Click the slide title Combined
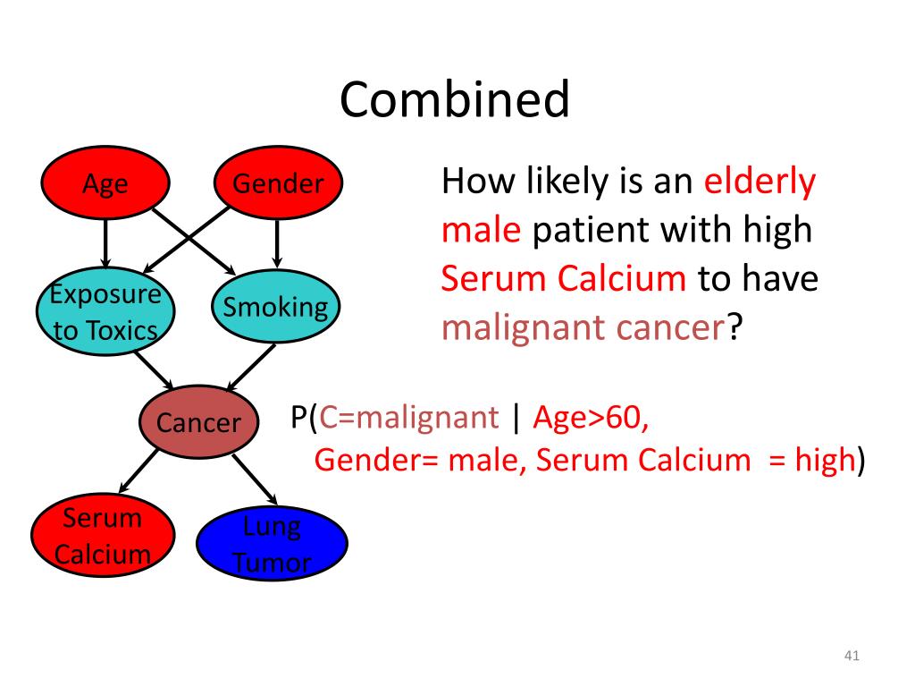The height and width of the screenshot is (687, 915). (454, 99)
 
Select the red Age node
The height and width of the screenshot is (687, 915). (105, 184)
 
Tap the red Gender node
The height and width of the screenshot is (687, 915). (278, 184)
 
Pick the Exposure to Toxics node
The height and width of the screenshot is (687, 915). (105, 312)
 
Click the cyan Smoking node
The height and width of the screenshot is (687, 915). (275, 308)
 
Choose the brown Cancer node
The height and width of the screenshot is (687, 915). (198, 421)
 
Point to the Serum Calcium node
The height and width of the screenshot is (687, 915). (103, 536)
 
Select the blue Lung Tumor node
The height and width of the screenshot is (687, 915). (272, 543)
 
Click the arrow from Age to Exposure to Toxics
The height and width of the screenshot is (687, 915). (106, 244)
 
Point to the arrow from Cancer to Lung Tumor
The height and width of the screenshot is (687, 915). (254, 480)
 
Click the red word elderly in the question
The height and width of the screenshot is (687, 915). (760, 182)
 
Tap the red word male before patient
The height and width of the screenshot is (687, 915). (481, 230)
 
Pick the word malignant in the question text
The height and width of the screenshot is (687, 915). (525, 328)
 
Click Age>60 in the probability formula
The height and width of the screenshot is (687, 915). (591, 417)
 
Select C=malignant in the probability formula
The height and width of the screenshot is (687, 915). (409, 417)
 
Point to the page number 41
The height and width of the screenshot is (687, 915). (851, 657)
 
